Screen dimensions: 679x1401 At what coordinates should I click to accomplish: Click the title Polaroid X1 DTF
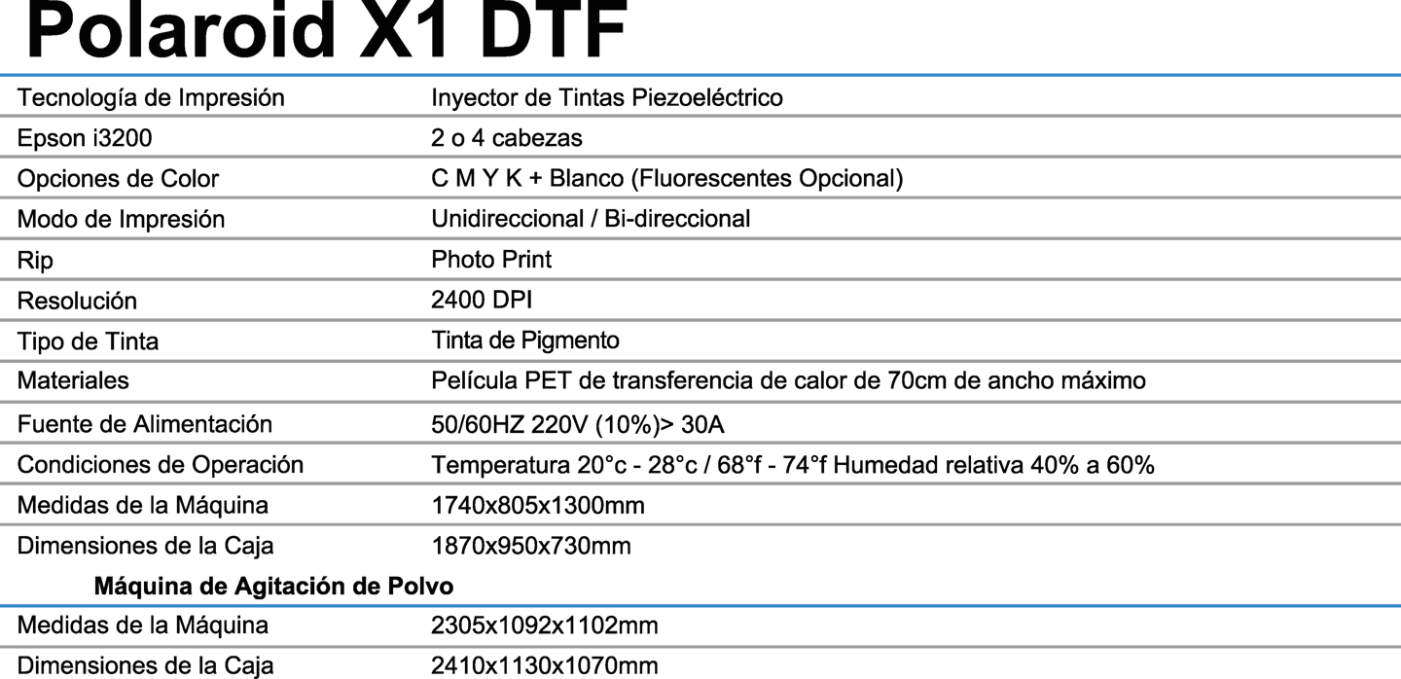click(x=326, y=31)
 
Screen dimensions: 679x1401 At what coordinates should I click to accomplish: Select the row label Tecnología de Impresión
click(x=151, y=98)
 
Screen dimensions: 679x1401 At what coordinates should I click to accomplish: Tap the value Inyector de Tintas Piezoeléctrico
click(x=606, y=98)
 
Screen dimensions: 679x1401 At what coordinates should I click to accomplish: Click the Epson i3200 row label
click(x=85, y=138)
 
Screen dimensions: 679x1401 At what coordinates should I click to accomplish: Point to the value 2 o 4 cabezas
click(x=506, y=138)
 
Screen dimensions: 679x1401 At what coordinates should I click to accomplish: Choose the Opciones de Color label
click(x=118, y=179)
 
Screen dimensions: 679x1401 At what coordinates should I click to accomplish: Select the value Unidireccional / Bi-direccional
click(x=591, y=219)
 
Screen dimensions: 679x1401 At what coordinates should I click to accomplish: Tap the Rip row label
click(x=35, y=260)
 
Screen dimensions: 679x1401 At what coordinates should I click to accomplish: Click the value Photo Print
click(x=491, y=260)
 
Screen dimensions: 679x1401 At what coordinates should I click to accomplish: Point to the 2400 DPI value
click(x=482, y=301)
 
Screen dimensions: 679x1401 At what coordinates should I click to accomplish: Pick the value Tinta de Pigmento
click(x=525, y=341)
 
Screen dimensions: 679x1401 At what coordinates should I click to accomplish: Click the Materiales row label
click(x=73, y=381)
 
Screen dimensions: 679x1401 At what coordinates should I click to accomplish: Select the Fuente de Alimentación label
click(x=144, y=424)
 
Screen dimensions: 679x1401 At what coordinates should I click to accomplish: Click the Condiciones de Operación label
click(x=161, y=465)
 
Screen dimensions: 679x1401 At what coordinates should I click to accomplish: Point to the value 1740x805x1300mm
click(x=537, y=506)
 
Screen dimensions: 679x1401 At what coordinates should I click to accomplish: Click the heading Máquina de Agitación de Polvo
click(x=273, y=587)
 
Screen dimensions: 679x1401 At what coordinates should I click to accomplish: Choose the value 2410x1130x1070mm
click(x=544, y=666)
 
